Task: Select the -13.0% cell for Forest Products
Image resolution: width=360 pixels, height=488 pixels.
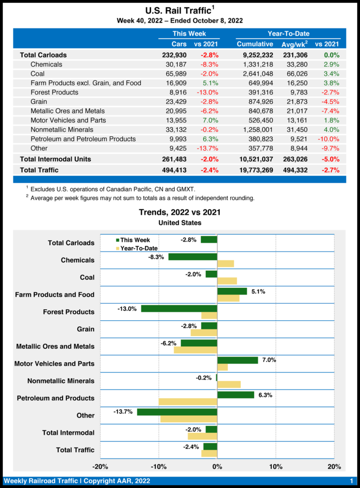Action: (207, 92)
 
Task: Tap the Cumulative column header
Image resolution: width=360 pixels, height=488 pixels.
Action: (255, 44)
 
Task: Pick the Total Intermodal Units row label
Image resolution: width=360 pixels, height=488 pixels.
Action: (55, 159)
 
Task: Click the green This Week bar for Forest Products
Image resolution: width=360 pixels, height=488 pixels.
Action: (179, 308)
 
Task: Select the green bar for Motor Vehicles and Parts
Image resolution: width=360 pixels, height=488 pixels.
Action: (237, 360)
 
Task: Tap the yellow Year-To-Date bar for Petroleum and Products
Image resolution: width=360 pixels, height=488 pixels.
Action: (188, 402)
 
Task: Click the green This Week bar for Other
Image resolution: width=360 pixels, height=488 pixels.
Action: (177, 412)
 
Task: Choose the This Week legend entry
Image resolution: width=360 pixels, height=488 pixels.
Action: (133, 240)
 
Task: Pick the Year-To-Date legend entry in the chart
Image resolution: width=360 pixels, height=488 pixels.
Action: (136, 248)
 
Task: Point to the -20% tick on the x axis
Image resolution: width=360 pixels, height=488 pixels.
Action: (100, 467)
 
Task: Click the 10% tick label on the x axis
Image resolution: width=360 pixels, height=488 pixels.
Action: (276, 467)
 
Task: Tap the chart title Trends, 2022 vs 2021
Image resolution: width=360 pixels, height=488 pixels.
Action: (180, 212)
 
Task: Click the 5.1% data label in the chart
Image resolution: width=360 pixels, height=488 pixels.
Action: (257, 291)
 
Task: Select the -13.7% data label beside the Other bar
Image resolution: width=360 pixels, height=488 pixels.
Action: (123, 412)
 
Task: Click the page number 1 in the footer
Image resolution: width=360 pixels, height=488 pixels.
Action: (351, 480)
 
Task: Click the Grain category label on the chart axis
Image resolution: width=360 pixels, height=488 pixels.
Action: (85, 329)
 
